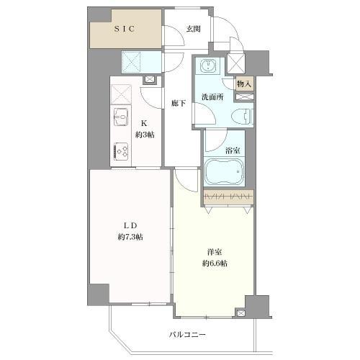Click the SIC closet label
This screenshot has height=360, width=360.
pyautogui.click(x=125, y=29)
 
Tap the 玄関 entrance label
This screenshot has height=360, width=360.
pyautogui.click(x=193, y=29)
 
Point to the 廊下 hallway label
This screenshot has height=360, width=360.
pyautogui.click(x=179, y=104)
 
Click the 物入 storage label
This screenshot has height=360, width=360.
pyautogui.click(x=245, y=84)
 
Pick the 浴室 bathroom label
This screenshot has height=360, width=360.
pyautogui.click(x=232, y=150)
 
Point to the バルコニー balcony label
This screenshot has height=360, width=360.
pyautogui.click(x=188, y=335)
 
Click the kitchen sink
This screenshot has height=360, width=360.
pyautogui.click(x=120, y=117)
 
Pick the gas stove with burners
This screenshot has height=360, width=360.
pyautogui.click(x=121, y=150)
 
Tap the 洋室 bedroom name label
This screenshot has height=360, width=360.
pyautogui.click(x=213, y=251)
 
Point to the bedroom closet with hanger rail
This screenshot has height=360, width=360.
pyautogui.click(x=228, y=197)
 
